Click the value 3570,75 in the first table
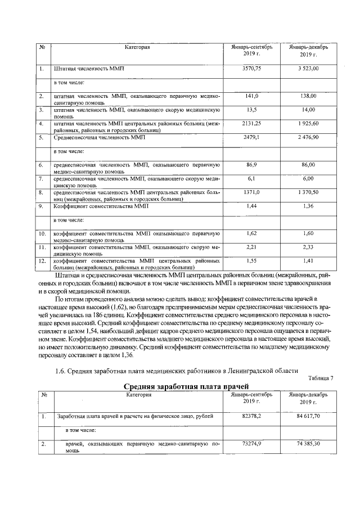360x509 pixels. click(251, 69)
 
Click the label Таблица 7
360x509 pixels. click(321, 377)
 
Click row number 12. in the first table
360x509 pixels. click(42, 261)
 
